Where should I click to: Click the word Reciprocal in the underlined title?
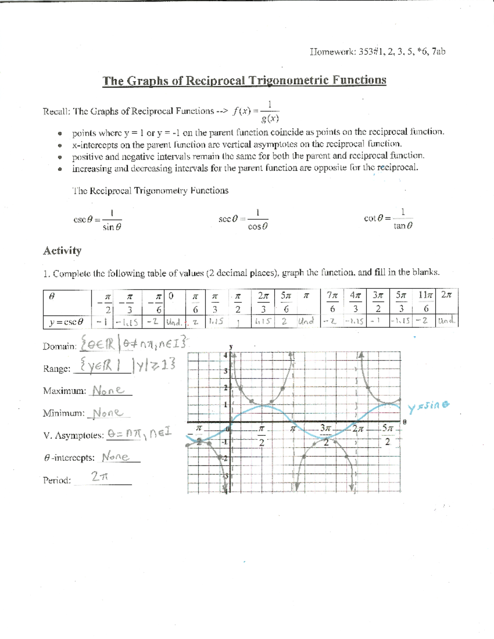click(x=214, y=80)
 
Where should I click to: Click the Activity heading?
click(x=62, y=251)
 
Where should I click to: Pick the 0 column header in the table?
click(x=171, y=296)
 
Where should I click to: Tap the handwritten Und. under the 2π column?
click(x=447, y=321)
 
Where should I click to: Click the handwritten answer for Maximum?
click(x=108, y=390)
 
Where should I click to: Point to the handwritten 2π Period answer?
click(x=100, y=477)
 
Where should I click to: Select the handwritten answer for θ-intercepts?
click(x=116, y=457)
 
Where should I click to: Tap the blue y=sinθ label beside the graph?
click(x=428, y=407)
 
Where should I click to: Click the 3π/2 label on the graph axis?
click(x=326, y=435)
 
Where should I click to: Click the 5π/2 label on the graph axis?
click(x=387, y=435)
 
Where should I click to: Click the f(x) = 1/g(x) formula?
click(x=256, y=112)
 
